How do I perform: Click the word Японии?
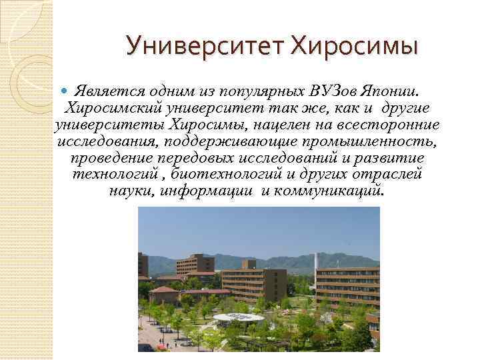pyautogui.click(x=396, y=90)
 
